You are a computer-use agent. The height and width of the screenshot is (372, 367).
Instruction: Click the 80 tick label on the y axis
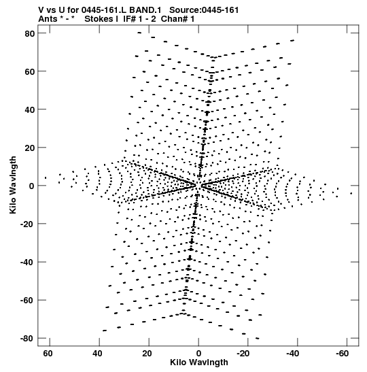[30, 33]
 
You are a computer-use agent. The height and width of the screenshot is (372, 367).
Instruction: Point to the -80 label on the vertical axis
[27, 338]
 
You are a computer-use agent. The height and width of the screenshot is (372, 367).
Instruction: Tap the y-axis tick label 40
[30, 110]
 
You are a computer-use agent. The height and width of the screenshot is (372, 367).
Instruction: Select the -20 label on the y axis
[27, 224]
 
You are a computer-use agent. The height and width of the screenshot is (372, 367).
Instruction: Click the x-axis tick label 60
[48, 354]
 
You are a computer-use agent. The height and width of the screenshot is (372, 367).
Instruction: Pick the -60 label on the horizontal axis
[342, 354]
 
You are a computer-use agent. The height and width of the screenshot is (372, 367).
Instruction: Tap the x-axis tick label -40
[292, 354]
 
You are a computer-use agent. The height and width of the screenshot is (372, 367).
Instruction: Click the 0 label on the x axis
[198, 354]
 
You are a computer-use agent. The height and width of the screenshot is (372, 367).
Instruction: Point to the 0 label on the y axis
[32, 186]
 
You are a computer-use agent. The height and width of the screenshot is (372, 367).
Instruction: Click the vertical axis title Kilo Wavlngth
[13, 185]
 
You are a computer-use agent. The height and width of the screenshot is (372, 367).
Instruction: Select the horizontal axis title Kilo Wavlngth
[199, 362]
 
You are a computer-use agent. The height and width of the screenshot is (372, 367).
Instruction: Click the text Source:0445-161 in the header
[204, 10]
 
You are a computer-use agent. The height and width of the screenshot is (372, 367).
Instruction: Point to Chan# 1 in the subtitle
[177, 19]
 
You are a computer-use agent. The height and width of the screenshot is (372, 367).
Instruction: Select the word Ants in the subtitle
[48, 19]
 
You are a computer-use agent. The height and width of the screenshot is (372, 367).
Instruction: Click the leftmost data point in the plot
[46, 177]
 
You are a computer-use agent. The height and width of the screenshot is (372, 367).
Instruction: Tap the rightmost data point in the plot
[351, 194]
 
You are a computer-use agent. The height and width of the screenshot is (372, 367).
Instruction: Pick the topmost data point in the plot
[139, 33]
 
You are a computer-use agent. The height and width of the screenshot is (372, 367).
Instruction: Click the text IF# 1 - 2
[139, 19]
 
